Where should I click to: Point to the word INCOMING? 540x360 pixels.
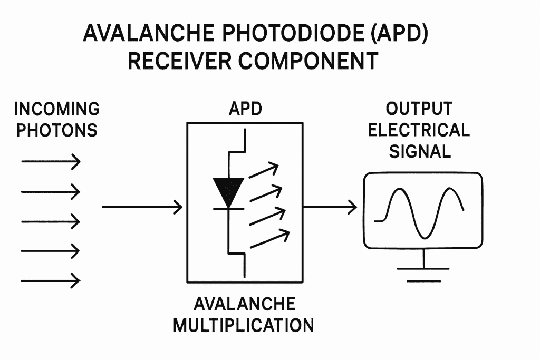pos(56,109)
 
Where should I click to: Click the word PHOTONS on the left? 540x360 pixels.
pos(56,130)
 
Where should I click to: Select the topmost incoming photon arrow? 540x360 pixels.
pos(51,161)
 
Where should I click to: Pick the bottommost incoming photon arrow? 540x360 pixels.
pos(51,280)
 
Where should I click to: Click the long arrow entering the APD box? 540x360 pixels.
pos(142,207)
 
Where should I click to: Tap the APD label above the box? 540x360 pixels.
pos(245,110)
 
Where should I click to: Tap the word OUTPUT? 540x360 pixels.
pos(419,109)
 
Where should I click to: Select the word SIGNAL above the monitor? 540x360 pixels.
pos(420,151)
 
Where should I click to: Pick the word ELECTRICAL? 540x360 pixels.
pos(419,130)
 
